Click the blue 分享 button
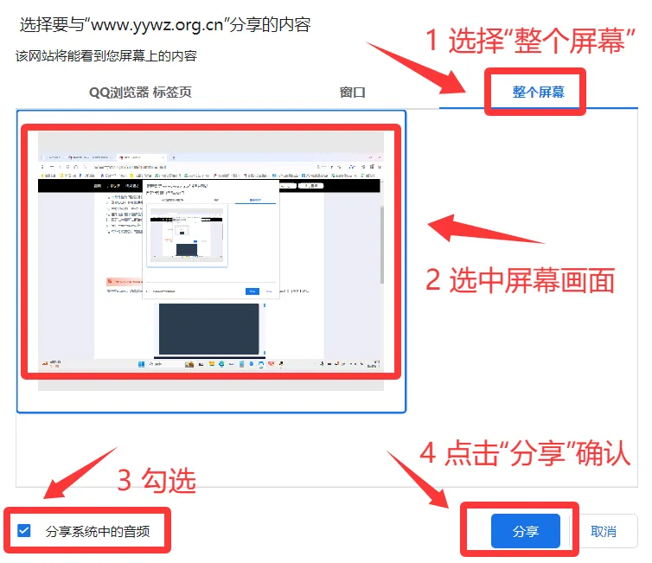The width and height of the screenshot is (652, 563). tap(525, 531)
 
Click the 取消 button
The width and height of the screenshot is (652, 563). tap(604, 531)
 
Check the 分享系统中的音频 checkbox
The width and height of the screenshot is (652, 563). tap(24, 530)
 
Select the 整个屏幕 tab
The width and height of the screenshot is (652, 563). tap(538, 92)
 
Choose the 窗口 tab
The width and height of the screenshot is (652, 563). tap(353, 92)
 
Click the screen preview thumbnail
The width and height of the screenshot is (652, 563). tap(211, 259)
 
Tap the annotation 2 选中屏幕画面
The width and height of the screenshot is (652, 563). tap(521, 279)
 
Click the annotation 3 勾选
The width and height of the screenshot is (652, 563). tap(157, 480)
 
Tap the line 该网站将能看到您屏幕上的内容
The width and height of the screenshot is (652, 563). tap(105, 56)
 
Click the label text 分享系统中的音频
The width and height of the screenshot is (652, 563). tap(98, 531)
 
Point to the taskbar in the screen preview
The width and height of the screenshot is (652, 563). tap(210, 365)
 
